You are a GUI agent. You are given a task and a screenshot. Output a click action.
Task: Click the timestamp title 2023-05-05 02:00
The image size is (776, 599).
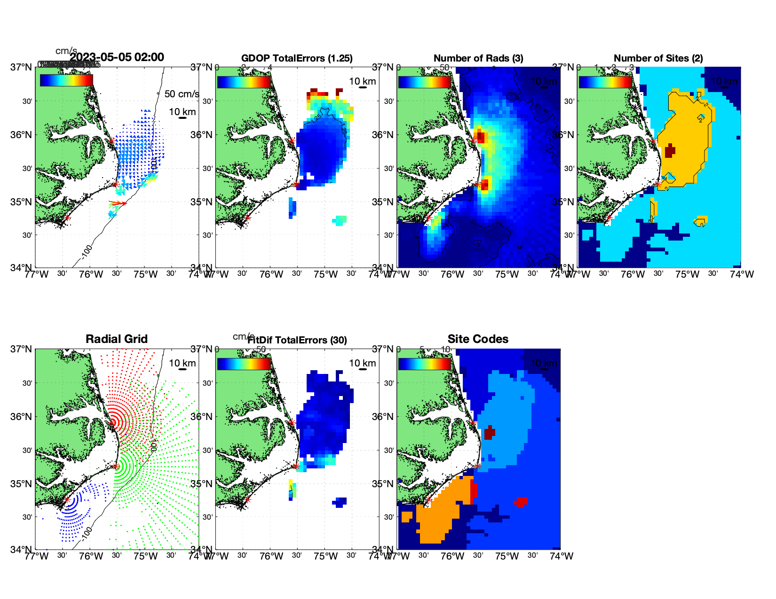pos(117,57)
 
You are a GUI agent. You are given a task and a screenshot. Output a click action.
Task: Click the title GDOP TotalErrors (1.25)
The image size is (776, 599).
pos(297,58)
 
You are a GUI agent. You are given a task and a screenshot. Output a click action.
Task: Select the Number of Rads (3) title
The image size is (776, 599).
pos(478,58)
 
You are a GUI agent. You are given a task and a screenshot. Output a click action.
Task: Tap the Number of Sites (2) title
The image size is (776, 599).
pos(658,58)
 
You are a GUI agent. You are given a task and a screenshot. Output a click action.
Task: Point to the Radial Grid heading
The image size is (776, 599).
pos(117,339)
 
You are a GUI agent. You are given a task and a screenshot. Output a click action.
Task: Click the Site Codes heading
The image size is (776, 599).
pos(478,339)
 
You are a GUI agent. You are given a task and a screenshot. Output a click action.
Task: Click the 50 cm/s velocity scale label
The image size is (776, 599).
pos(182,94)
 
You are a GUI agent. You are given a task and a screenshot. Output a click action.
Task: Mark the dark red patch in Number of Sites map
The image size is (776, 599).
pos(670,151)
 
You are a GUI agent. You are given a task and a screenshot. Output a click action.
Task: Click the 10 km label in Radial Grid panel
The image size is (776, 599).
pos(182,363)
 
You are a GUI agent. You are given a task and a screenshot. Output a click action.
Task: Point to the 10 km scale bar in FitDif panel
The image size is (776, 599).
pos(363,369)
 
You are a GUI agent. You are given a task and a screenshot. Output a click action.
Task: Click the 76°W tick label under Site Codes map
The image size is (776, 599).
pos(452,556)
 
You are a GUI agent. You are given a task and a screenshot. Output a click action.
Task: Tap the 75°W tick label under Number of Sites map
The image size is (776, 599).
pos(687,274)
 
